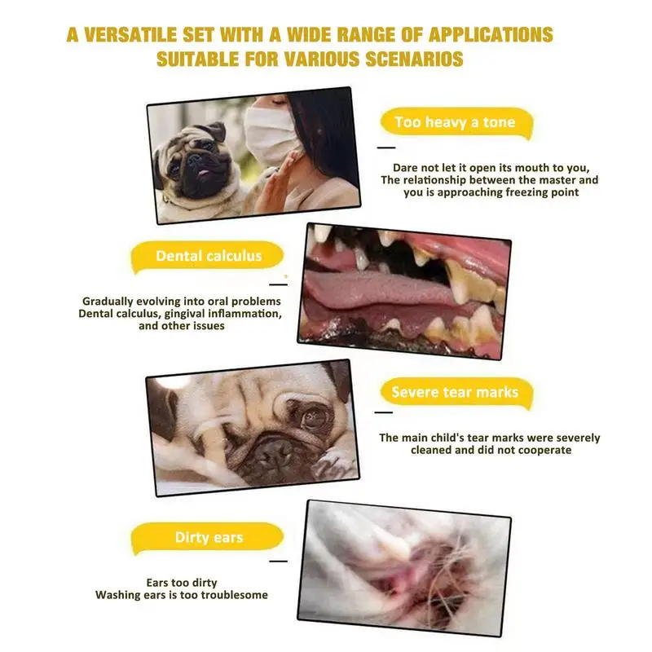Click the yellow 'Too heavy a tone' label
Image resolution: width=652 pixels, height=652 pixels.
(455, 123)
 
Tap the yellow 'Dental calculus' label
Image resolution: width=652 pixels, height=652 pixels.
(209, 256)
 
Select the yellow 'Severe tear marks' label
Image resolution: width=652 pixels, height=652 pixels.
(454, 392)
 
